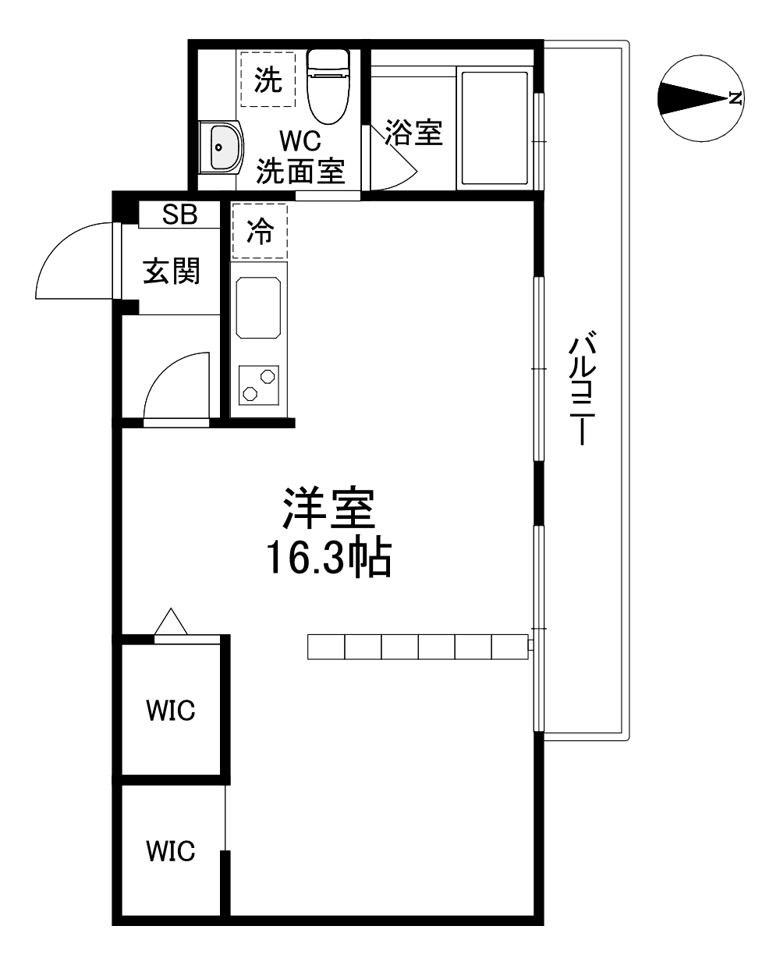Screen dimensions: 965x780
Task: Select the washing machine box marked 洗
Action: pos(268,79)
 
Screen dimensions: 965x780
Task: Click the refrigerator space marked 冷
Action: pos(260,231)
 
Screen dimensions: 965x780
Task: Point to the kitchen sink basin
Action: pos(258,307)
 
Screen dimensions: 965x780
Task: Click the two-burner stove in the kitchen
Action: pos(258,385)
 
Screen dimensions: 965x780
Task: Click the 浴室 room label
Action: pos(413,133)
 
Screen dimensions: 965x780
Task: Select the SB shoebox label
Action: pos(179,215)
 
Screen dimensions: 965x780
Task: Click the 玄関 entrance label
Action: pos(172,271)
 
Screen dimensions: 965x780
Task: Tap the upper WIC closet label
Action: pos(171,711)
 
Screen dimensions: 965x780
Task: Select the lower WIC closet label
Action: pos(171,850)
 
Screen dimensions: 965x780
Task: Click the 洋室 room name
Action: pos(328,509)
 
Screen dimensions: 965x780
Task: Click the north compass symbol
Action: pos(700,98)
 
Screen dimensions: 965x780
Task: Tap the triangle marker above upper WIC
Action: pos(171,622)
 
